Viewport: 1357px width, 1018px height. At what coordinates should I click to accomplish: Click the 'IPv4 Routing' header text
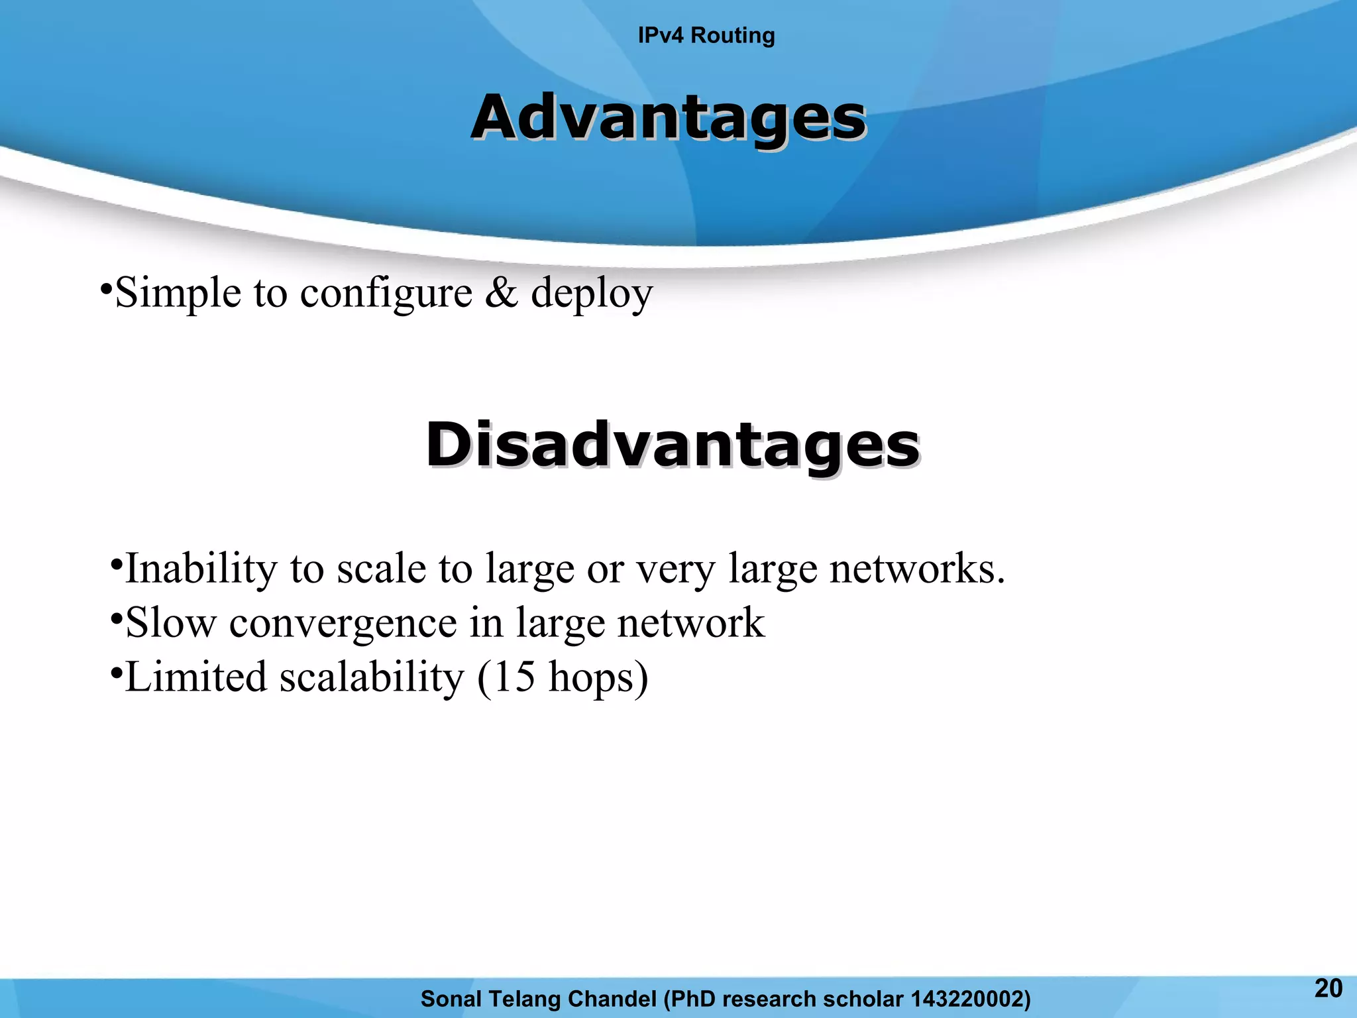(706, 35)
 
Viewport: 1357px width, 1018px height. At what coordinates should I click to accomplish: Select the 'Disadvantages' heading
(673, 444)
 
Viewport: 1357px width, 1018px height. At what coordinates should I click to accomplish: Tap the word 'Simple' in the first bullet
(178, 294)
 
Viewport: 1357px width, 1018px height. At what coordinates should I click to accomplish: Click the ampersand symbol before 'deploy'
(502, 293)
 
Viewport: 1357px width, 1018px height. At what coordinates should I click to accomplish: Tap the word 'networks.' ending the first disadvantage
(917, 569)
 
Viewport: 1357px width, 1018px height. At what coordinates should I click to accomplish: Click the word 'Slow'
(171, 623)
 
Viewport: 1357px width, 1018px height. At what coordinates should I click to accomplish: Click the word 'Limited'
(195, 677)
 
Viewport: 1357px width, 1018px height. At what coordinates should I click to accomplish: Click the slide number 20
(1328, 988)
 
